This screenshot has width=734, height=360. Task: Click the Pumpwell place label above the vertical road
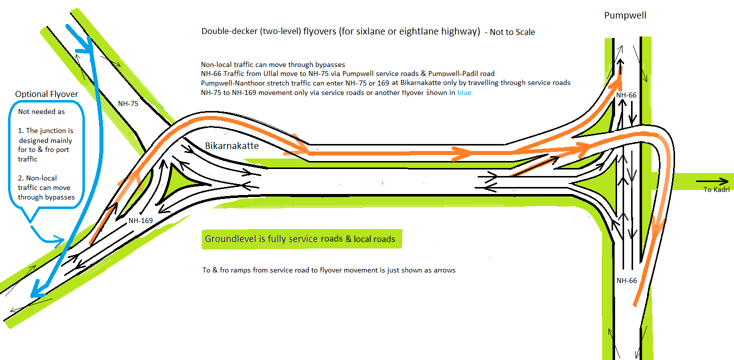(x=625, y=15)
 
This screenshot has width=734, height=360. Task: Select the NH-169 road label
(x=140, y=220)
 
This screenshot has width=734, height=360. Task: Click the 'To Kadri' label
(x=717, y=189)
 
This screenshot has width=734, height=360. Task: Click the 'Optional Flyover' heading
(x=46, y=94)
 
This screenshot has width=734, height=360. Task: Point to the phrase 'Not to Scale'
(x=512, y=32)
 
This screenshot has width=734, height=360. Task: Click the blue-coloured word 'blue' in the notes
(x=464, y=92)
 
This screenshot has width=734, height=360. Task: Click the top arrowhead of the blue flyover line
(x=86, y=47)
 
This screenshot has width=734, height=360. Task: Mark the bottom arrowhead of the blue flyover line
(x=36, y=290)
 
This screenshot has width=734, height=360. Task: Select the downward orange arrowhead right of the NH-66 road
(x=658, y=231)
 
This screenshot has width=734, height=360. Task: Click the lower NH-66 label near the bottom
(x=627, y=280)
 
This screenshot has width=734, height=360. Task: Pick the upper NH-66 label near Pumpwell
(x=627, y=95)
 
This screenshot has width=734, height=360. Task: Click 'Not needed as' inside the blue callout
(x=41, y=111)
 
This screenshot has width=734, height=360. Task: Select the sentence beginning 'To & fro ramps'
(x=329, y=270)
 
